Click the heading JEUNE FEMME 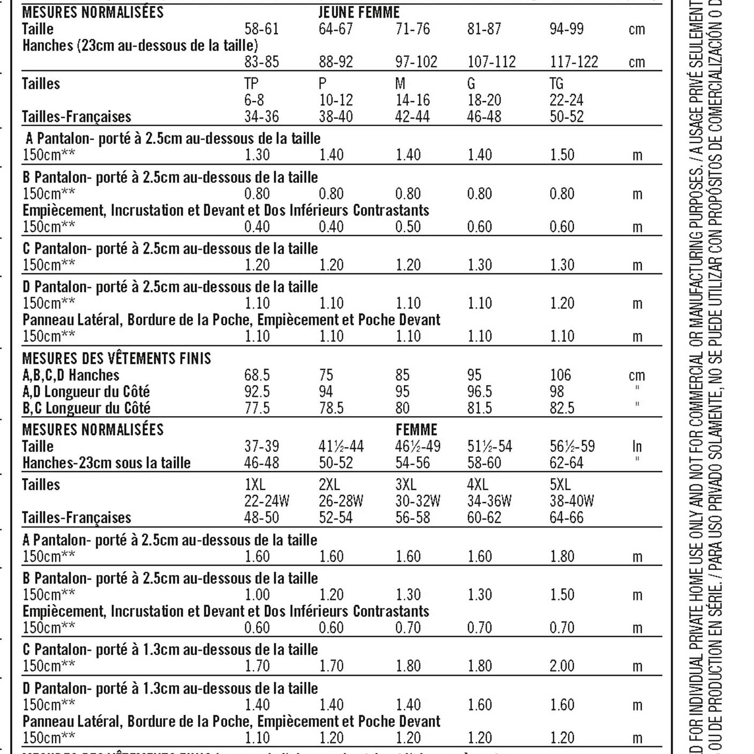click(359, 12)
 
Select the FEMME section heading click(416, 429)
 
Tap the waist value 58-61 click(261, 29)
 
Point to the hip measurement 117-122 click(574, 62)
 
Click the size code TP click(251, 84)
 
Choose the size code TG click(556, 84)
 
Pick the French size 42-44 click(412, 117)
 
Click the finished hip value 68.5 click(257, 375)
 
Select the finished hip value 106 click(560, 375)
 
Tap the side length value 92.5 click(257, 391)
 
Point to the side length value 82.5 click(562, 408)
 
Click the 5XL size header click(560, 484)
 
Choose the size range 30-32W click(418, 501)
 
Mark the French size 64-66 click(566, 518)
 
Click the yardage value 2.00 click(562, 666)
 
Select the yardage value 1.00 click(257, 595)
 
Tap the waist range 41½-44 click(341, 446)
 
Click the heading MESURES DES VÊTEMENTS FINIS click(117, 358)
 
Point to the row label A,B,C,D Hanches click(71, 375)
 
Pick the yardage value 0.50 click(408, 227)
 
